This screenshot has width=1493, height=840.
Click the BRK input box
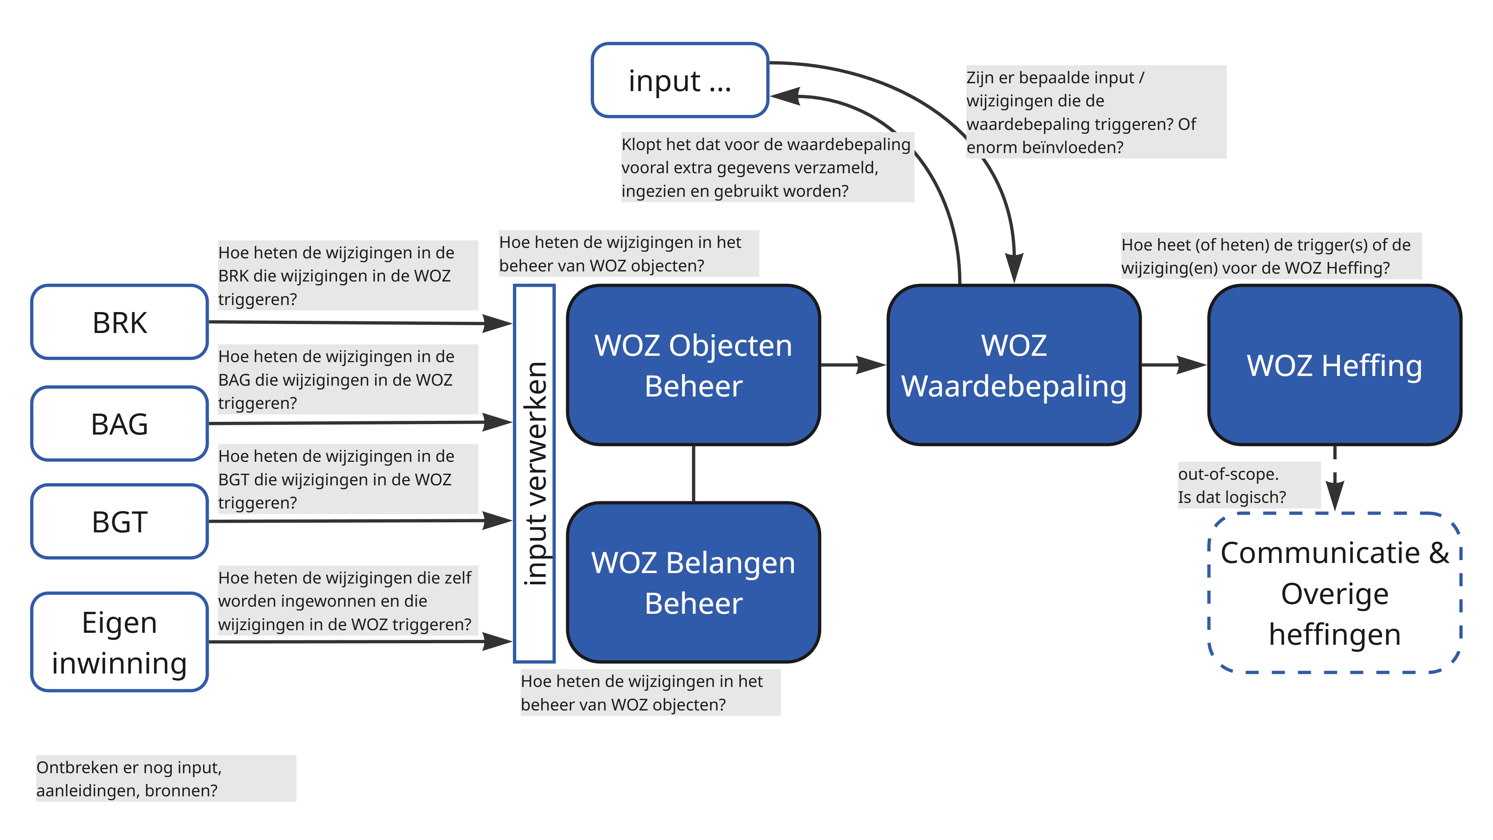[119, 322]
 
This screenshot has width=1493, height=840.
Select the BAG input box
[119, 424]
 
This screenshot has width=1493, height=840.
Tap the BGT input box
[119, 522]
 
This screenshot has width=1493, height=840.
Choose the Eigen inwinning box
[119, 642]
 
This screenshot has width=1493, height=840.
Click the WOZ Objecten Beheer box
[693, 365]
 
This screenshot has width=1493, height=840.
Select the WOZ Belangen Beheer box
[693, 583]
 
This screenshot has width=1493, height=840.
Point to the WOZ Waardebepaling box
[1014, 365]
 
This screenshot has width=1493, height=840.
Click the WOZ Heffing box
[1334, 365]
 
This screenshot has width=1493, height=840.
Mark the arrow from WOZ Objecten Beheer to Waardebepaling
[853, 365]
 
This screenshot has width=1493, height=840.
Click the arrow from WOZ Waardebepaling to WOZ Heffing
[1173, 365]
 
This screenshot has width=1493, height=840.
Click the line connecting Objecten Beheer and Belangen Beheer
[694, 474]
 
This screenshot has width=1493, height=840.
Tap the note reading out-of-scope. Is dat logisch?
[1249, 485]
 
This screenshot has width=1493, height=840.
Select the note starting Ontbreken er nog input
[166, 778]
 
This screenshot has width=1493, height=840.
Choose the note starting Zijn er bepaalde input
[1095, 112]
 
